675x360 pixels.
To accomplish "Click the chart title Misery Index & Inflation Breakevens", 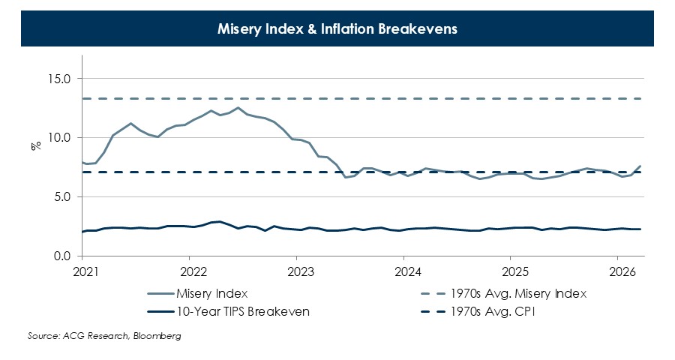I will click(x=337, y=29).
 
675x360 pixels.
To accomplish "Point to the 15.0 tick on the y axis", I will click(x=58, y=79).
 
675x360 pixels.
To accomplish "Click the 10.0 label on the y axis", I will click(x=58, y=138).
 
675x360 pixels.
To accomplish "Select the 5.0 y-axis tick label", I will click(x=61, y=197).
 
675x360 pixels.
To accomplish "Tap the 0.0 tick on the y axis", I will click(x=61, y=256).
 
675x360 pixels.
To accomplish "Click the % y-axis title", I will click(x=35, y=145).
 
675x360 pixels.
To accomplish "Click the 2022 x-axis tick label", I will click(x=193, y=271).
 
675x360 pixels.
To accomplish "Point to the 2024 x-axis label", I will click(x=406, y=271).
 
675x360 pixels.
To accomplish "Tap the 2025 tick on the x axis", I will click(x=512, y=271).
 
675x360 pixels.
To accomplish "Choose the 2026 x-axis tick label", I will click(x=619, y=271).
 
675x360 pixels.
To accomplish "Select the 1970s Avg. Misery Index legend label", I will click(x=517, y=293).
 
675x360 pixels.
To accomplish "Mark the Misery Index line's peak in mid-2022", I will click(x=238, y=107).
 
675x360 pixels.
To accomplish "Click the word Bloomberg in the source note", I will click(x=157, y=336).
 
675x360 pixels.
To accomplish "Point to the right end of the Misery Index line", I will click(x=640, y=166).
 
